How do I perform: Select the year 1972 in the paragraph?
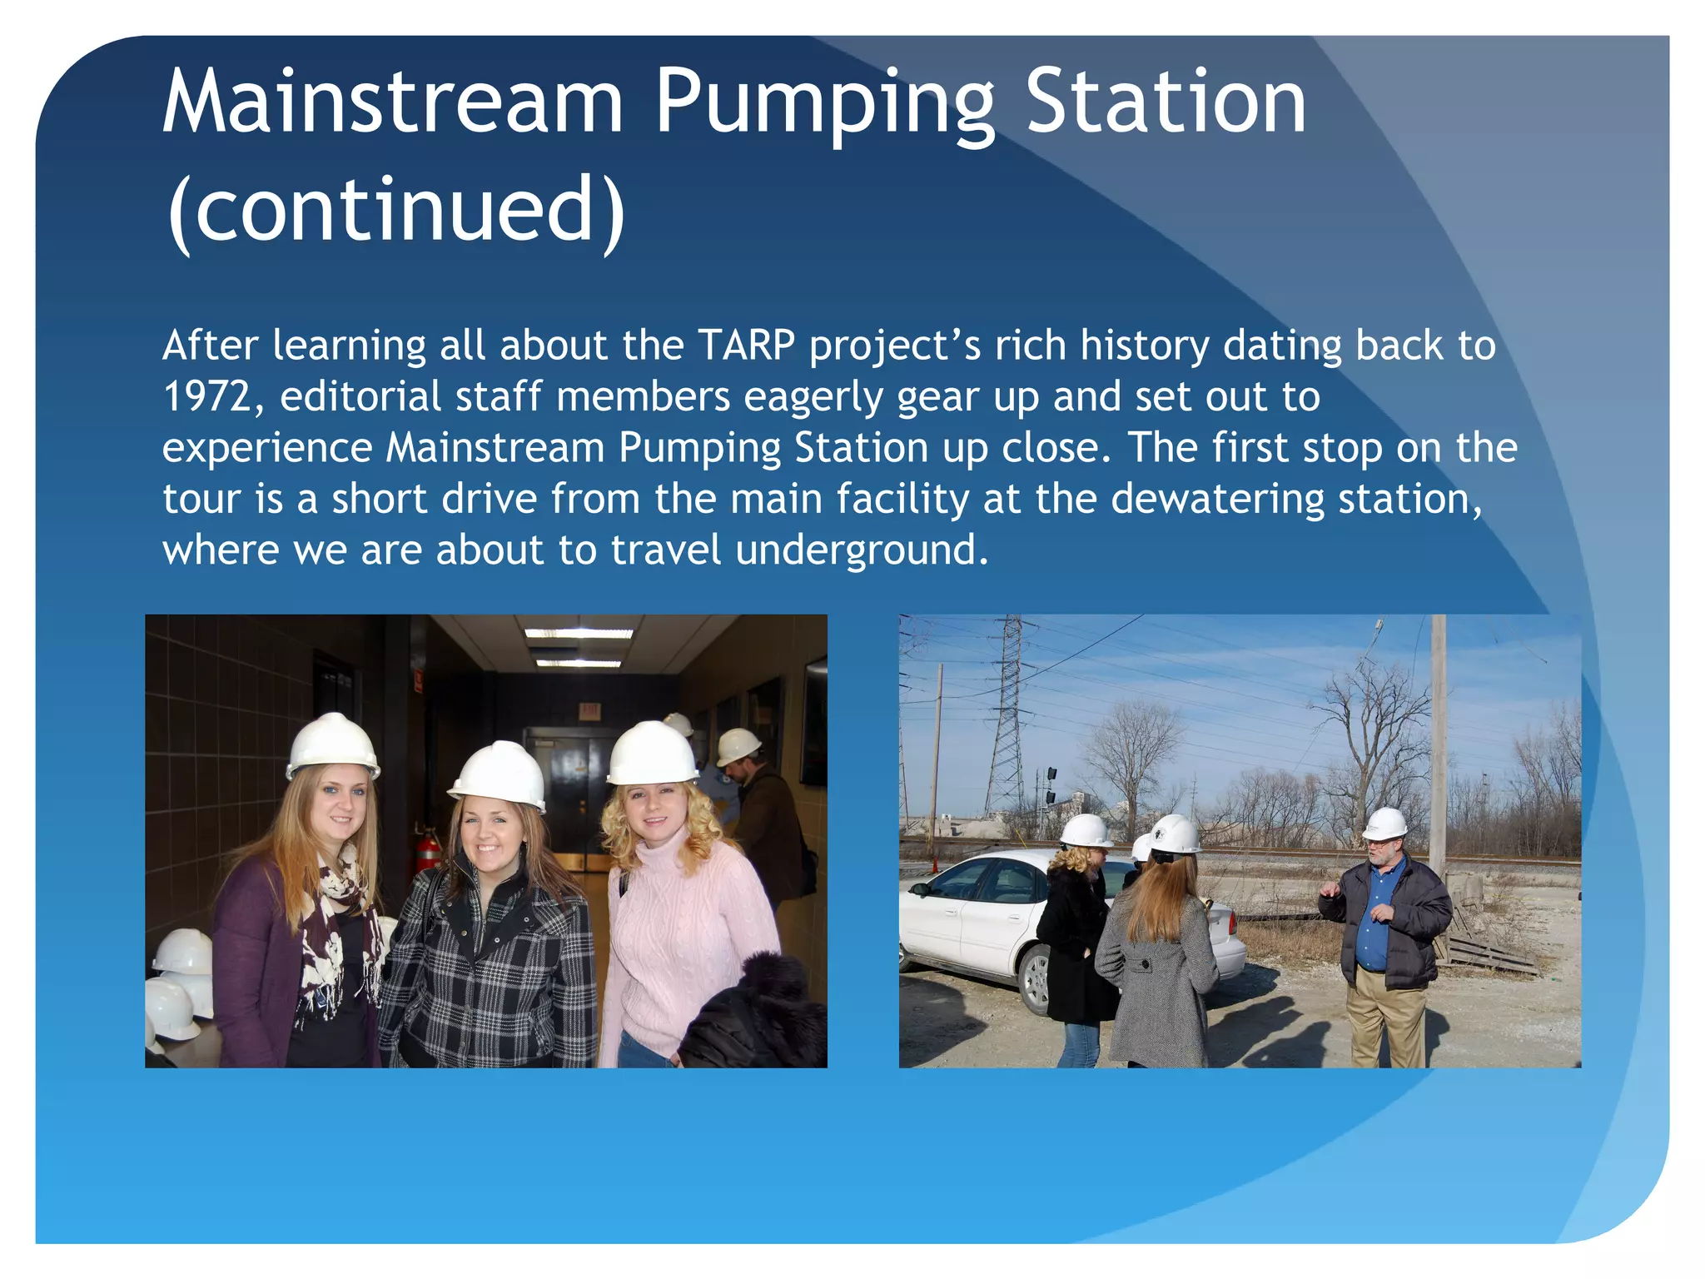click(207, 397)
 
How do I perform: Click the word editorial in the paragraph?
click(360, 397)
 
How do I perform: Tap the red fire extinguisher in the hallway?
click(427, 851)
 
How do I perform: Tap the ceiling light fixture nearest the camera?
click(578, 634)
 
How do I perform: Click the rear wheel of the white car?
click(1035, 981)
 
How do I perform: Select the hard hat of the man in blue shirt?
click(1385, 823)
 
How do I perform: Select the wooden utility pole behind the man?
click(1437, 733)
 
